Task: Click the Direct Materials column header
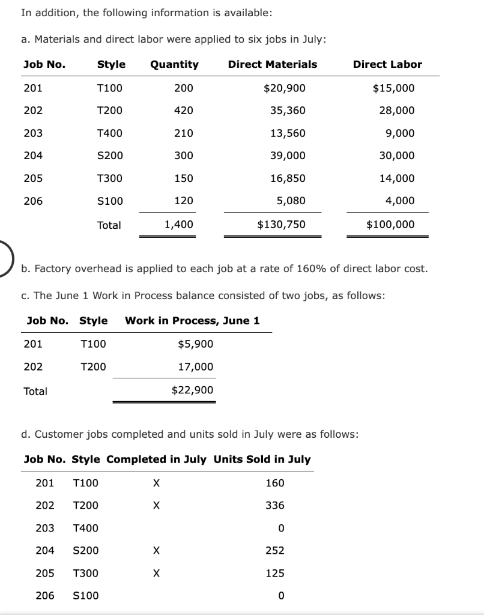point(273,64)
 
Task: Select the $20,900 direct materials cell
point(285,88)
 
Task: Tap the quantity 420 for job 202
point(183,111)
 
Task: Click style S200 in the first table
point(110,156)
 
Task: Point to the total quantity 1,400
point(179,225)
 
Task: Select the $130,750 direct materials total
point(281,225)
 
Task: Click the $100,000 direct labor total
point(390,225)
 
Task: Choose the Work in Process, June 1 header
point(192,321)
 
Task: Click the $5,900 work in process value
point(195,344)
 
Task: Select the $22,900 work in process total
point(192,390)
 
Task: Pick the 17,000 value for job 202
point(195,367)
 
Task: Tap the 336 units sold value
point(275,506)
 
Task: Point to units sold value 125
point(275,574)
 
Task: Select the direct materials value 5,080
point(291,201)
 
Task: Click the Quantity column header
point(174,64)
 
